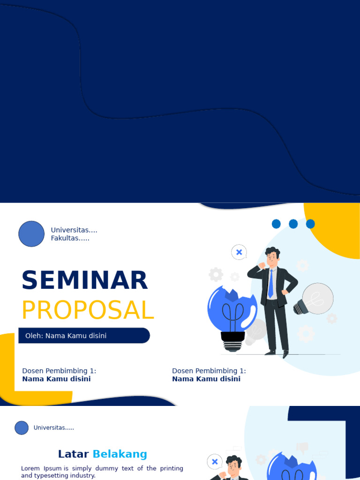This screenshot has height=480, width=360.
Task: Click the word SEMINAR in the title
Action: (84, 280)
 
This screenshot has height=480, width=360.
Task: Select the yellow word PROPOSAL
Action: (88, 310)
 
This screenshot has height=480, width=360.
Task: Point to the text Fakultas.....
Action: (70, 238)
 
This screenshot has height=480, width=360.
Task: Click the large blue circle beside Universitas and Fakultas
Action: (31, 234)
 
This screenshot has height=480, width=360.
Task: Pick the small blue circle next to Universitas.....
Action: (22, 427)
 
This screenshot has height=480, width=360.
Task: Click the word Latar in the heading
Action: (73, 454)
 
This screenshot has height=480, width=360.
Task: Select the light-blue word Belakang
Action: (120, 454)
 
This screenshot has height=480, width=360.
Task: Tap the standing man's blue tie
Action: (270, 284)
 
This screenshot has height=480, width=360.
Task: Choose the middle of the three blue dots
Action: (293, 224)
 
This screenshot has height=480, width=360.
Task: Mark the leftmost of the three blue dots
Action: (276, 224)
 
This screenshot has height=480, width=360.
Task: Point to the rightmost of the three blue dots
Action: (310, 224)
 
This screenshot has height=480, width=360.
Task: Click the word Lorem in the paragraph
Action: (30, 468)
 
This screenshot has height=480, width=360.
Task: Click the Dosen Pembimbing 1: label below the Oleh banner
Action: (59, 371)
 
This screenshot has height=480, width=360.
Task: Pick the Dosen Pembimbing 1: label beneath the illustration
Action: (209, 371)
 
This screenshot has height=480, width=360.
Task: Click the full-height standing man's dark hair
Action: (273, 252)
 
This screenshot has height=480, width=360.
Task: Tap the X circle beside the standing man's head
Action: (239, 252)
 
